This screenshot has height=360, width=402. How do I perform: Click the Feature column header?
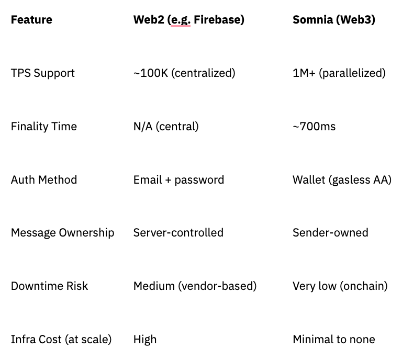point(31,20)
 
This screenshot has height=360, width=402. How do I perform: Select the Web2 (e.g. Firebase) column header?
point(188,20)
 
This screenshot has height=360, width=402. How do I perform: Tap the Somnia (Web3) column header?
point(333,20)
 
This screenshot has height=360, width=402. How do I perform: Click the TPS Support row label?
point(43,73)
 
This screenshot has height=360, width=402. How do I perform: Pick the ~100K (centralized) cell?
point(184,73)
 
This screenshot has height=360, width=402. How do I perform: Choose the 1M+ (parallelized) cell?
point(339,73)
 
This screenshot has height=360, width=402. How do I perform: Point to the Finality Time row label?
point(44,127)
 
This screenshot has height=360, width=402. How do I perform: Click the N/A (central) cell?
point(166,127)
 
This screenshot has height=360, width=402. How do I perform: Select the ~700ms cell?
point(314,127)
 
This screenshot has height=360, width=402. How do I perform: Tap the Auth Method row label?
point(44,180)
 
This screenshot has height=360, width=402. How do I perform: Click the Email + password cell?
point(178,180)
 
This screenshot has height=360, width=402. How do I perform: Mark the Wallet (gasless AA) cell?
point(342,180)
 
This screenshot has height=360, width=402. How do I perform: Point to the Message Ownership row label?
point(62,233)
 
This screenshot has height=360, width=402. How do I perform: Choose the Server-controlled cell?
point(178,233)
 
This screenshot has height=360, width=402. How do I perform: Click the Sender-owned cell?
point(330,233)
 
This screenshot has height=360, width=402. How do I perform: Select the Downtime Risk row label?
point(49,286)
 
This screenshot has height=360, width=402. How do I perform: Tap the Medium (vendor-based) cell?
point(195,286)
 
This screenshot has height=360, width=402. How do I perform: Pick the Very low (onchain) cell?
point(340,286)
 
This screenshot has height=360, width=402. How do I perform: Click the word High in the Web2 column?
point(145,340)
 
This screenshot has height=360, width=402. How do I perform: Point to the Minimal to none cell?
point(333,340)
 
